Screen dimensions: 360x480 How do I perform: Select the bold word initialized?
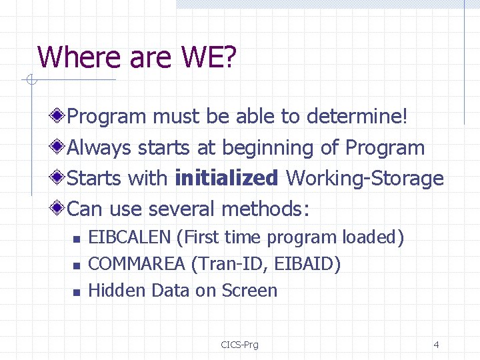click(x=227, y=178)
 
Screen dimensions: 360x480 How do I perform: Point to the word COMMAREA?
click(x=137, y=264)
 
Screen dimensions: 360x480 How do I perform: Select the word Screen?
click(x=249, y=291)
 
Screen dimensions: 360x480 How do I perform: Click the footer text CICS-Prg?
click(x=239, y=345)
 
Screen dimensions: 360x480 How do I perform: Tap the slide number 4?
click(x=436, y=345)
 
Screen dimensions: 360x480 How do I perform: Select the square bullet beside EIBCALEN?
click(x=76, y=239)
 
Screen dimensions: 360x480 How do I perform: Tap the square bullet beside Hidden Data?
click(x=76, y=292)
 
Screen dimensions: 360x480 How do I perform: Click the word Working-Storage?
click(x=365, y=178)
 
